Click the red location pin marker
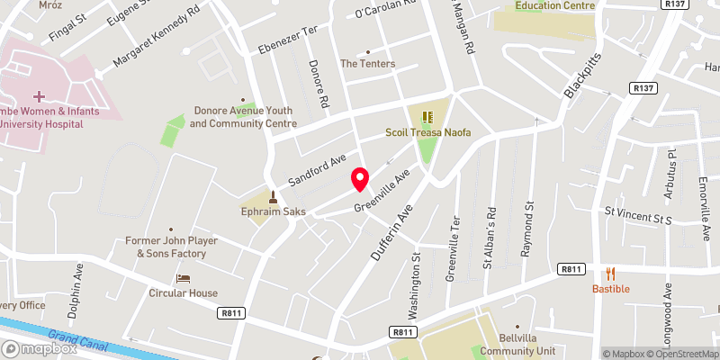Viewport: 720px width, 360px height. click(360, 179)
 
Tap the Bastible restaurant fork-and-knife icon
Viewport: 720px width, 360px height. click(610, 274)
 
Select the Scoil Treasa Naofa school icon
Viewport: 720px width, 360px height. click(429, 117)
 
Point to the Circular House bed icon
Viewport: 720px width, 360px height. click(184, 279)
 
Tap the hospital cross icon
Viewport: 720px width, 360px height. click(39, 95)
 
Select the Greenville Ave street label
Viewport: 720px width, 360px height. click(382, 191)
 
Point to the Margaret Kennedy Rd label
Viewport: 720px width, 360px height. click(156, 41)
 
